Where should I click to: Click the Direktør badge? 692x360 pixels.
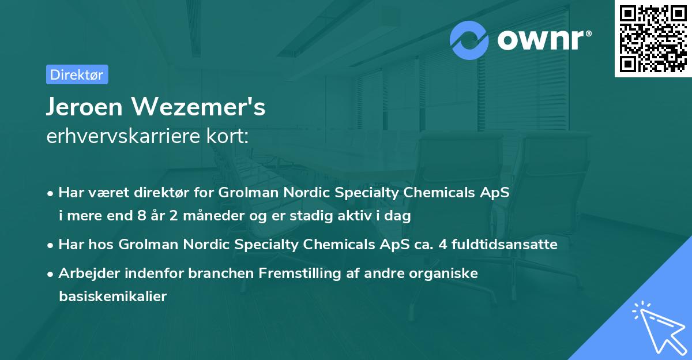click(x=77, y=74)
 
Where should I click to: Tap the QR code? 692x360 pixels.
click(x=652, y=39)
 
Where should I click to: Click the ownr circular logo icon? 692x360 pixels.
click(x=470, y=40)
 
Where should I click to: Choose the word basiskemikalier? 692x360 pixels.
click(x=112, y=297)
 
